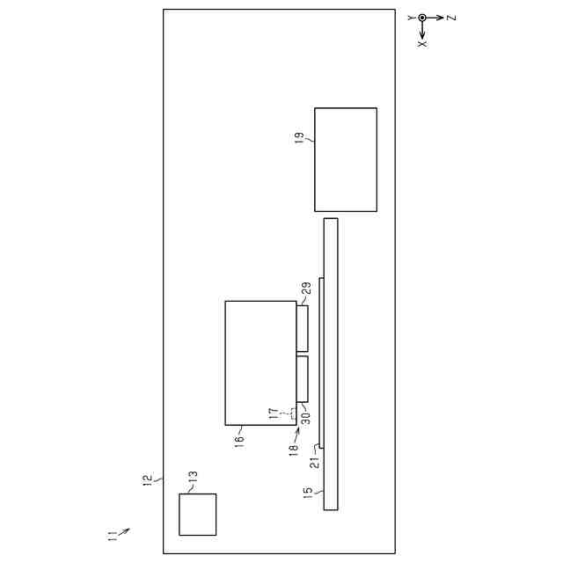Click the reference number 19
[299, 138]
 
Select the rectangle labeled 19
[346, 159]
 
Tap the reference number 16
[238, 442]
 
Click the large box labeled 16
[260, 363]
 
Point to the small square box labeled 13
[197, 514]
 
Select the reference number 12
[148, 480]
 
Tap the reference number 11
[112, 536]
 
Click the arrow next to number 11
[124, 531]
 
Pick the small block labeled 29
[303, 328]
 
